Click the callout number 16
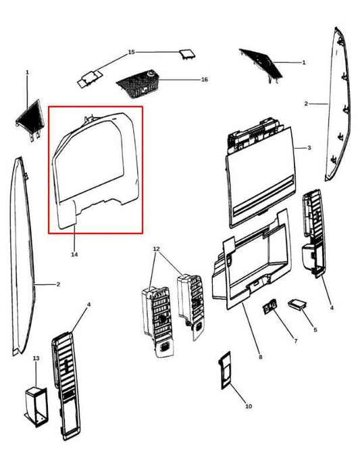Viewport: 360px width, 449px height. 204,80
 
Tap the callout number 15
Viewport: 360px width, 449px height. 132,52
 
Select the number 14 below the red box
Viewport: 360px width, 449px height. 74,255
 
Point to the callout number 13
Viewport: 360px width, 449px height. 36,357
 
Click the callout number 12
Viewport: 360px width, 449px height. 157,249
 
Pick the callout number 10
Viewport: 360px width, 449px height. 249,406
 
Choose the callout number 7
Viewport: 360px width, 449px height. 295,341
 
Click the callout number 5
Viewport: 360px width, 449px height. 314,329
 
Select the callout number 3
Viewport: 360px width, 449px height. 309,148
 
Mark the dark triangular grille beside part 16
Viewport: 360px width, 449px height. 261,64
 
